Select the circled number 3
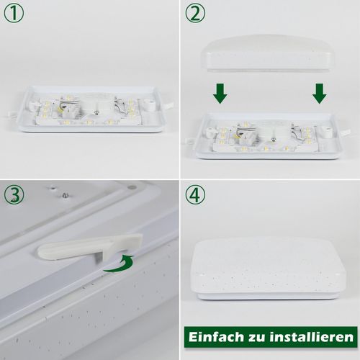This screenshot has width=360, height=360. tap(14, 194)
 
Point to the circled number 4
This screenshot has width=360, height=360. tap(195, 194)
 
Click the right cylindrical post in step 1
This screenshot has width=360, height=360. tap(151, 105)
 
